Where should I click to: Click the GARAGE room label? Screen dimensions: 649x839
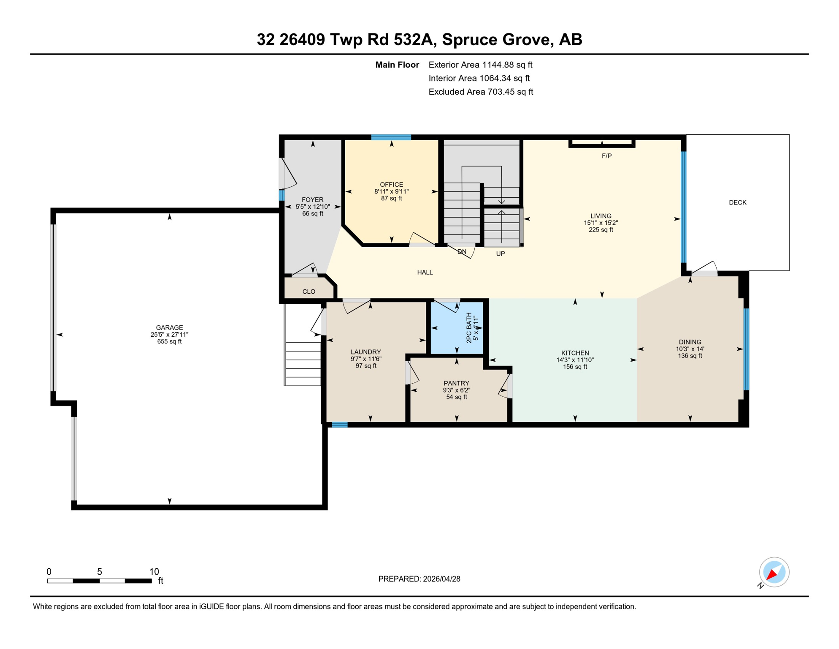pos(169,327)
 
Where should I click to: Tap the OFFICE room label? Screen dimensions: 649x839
pos(391,184)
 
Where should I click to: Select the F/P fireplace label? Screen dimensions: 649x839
pos(606,156)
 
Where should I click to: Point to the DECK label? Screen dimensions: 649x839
pos(737,202)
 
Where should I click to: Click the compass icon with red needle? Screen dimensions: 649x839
pos(774,572)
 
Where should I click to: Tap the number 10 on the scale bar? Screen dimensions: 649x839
pos(154,572)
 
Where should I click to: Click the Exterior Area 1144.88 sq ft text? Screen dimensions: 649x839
pos(480,65)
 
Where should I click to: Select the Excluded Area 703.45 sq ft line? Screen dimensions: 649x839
pos(481,92)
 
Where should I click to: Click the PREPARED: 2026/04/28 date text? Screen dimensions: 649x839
pos(419,579)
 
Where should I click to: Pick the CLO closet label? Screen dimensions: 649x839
pos(309,292)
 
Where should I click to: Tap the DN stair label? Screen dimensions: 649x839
pos(462,251)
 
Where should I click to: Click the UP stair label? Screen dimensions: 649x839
pos(500,254)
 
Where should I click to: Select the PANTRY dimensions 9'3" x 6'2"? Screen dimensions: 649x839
pos(456,390)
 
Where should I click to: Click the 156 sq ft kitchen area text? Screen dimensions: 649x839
pos(575,367)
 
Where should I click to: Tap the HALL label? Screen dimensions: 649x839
pos(425,272)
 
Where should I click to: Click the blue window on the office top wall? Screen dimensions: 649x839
pos(391,137)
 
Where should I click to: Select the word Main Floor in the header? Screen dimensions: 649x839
pos(397,65)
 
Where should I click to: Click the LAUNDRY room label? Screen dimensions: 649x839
pos(365,352)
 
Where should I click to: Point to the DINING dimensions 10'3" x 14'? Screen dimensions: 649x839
pos(690,349)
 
